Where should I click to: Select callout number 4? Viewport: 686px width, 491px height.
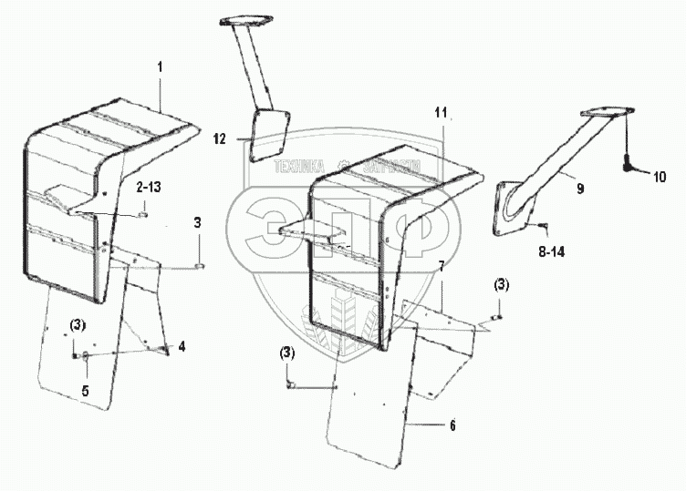[182, 346]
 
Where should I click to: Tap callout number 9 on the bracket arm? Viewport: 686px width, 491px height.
[579, 189]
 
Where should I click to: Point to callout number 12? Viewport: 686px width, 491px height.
[219, 138]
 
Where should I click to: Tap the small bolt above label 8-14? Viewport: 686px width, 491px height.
[539, 224]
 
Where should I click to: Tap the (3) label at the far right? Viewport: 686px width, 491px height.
[502, 286]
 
